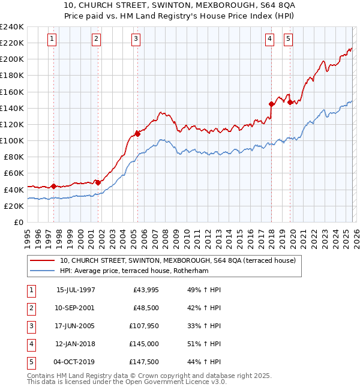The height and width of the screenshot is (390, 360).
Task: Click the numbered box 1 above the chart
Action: tap(52, 39)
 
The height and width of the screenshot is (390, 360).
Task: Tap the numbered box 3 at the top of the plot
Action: tap(136, 39)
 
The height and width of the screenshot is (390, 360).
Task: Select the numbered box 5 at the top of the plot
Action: tap(289, 39)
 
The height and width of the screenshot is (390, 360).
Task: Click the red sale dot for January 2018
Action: tap(271, 104)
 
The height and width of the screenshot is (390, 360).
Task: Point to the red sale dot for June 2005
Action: tap(137, 134)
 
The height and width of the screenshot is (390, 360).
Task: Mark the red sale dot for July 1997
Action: tap(54, 186)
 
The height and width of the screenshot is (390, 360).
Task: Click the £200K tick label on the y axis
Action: tap(12, 59)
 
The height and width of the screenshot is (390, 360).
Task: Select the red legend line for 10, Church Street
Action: tap(43, 260)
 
